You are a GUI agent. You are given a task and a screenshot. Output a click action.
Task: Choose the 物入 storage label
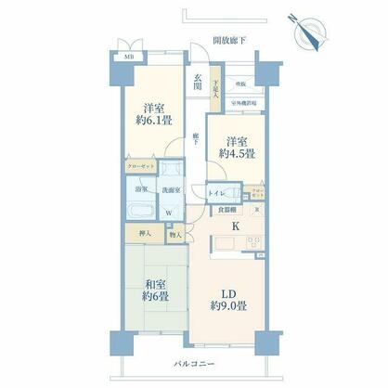(x=175, y=236)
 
